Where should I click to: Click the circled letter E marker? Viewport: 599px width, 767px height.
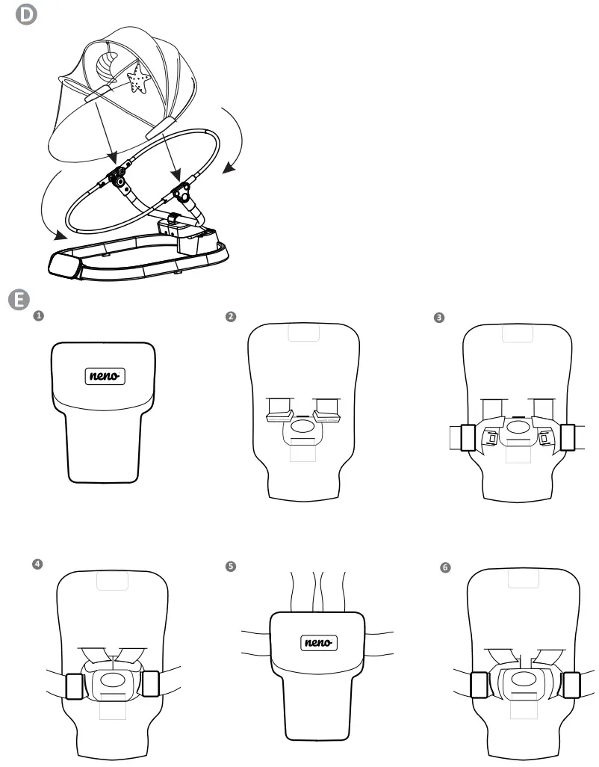pos(18,300)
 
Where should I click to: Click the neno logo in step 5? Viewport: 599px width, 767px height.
pos(319,642)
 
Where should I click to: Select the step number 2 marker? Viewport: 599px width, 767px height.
pos(231,317)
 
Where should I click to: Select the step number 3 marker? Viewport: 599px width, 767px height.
pos(439,318)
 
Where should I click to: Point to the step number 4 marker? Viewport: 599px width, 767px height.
pos(37,564)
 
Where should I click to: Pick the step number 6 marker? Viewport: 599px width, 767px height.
pos(446,567)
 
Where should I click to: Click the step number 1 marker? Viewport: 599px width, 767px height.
pos(39,316)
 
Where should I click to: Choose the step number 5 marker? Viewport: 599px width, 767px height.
pos(230,567)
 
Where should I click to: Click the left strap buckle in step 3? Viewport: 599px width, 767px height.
pos(469,437)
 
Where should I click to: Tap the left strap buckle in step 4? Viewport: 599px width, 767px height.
pos(74,685)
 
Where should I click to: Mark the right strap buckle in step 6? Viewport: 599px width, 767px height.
pos(571,685)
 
